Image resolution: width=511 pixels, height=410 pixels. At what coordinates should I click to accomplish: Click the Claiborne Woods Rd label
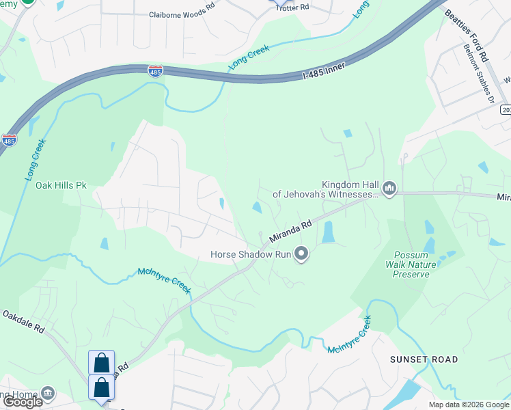click(182, 14)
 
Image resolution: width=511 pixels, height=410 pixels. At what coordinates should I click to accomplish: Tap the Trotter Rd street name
click(292, 7)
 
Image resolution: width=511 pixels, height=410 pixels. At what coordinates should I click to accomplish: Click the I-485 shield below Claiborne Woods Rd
click(155, 70)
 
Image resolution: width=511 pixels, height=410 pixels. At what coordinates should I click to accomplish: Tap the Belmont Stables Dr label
click(478, 74)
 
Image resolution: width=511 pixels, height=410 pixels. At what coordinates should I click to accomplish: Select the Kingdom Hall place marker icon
click(389, 188)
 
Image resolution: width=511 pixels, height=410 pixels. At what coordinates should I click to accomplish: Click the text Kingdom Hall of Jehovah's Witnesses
click(326, 189)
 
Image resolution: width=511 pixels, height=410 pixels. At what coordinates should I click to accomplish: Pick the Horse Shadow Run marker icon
click(301, 255)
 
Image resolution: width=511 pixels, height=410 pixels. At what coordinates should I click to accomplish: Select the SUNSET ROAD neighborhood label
click(424, 359)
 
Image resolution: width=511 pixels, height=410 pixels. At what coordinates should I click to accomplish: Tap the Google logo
click(23, 402)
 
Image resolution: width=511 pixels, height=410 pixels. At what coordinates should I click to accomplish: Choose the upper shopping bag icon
click(101, 361)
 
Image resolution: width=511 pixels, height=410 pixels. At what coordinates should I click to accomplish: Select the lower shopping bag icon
click(101, 387)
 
